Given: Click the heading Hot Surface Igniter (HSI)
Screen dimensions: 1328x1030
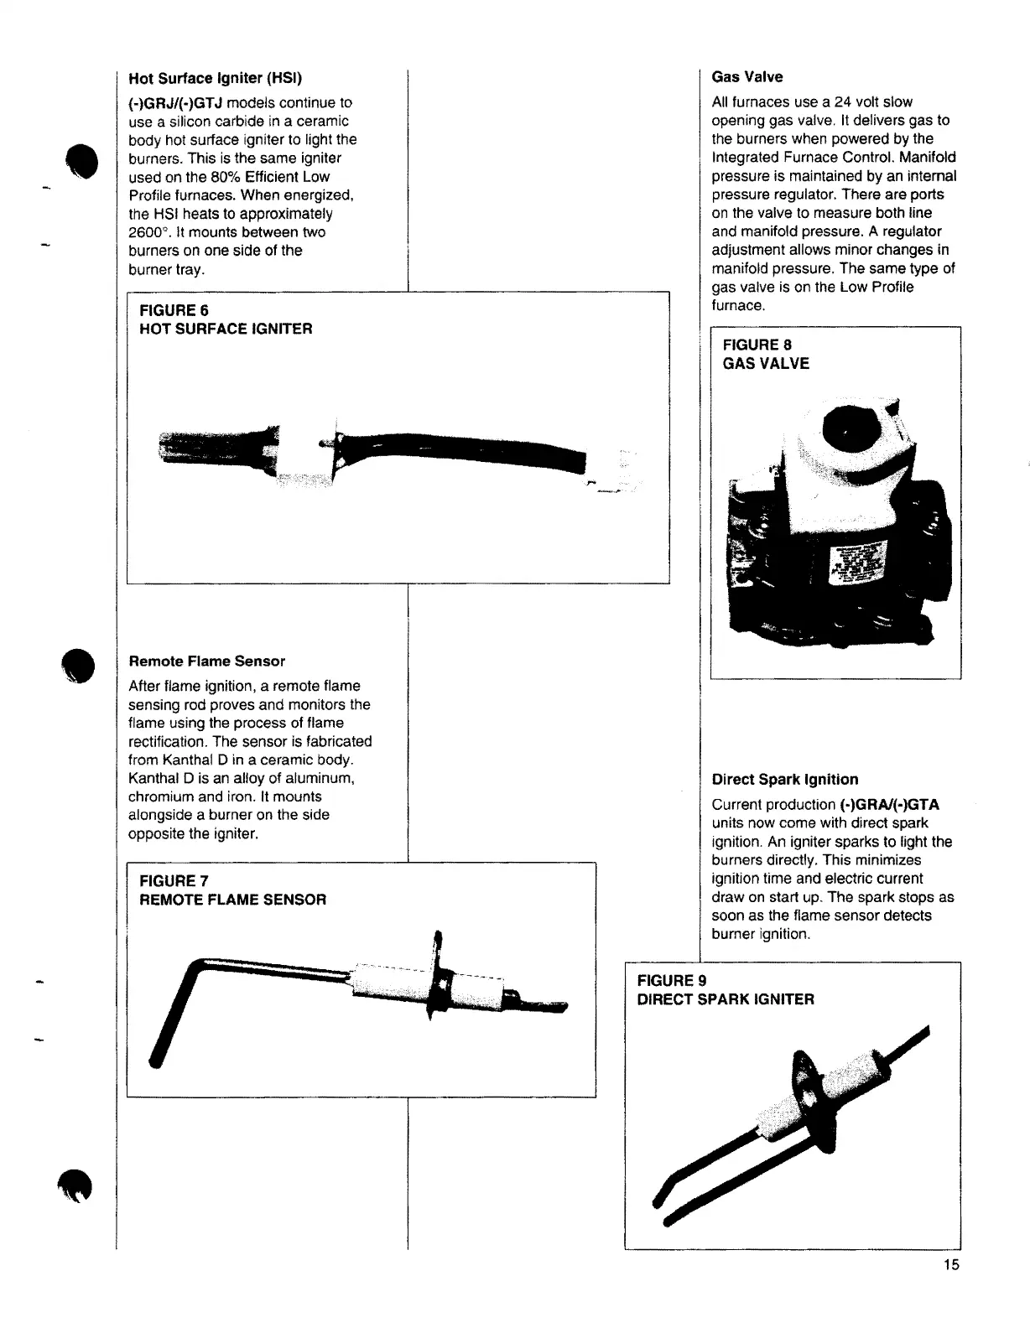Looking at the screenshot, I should click(x=215, y=79).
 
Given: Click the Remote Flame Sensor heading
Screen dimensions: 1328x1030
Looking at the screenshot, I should click(x=206, y=661).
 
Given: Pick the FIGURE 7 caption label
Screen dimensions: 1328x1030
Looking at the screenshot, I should click(x=174, y=881).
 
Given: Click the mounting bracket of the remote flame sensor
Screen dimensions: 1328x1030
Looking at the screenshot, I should click(x=435, y=977).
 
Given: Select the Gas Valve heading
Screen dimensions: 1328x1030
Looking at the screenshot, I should click(x=746, y=77).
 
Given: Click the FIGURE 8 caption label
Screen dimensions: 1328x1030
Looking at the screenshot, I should click(x=757, y=345).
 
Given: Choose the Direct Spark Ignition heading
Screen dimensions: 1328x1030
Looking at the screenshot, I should click(x=784, y=780).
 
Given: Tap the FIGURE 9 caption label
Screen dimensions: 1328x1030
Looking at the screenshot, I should click(x=672, y=981).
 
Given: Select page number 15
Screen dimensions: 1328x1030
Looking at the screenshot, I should click(x=950, y=1265).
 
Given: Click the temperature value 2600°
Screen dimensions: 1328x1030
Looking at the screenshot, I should click(x=149, y=232).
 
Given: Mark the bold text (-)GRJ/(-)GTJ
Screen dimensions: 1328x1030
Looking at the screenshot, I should click(x=174, y=103).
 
